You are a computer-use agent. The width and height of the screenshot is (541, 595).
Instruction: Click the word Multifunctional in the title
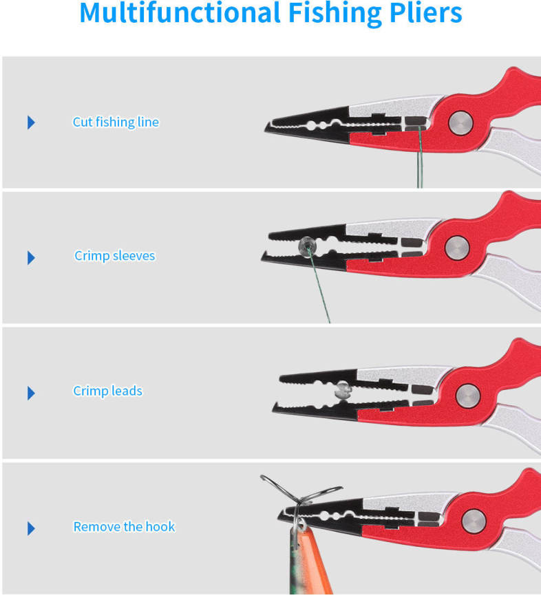pyautogui.click(x=180, y=12)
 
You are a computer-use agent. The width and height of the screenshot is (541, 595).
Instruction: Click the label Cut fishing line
pyautogui.click(x=116, y=122)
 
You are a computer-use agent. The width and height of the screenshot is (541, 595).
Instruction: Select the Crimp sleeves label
pyautogui.click(x=115, y=256)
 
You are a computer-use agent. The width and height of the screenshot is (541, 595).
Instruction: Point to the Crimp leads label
pyautogui.click(x=108, y=391)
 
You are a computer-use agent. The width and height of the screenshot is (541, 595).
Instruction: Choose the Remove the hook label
pyautogui.click(x=124, y=527)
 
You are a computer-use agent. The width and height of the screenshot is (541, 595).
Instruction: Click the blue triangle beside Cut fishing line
pyautogui.click(x=31, y=122)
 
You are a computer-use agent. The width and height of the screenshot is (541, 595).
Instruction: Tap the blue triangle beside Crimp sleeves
pyautogui.click(x=31, y=258)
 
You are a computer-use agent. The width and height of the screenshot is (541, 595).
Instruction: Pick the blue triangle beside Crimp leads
pyautogui.click(x=31, y=393)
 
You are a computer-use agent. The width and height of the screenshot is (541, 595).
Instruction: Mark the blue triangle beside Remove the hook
pyautogui.click(x=31, y=528)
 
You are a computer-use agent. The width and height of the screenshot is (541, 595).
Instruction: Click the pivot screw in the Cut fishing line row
pyautogui.click(x=460, y=123)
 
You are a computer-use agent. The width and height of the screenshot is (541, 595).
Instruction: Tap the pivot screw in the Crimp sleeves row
pyautogui.click(x=458, y=248)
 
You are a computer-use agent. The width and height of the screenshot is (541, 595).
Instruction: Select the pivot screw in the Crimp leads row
pyautogui.click(x=468, y=396)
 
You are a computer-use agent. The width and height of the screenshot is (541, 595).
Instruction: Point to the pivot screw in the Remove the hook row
pyautogui.click(x=474, y=521)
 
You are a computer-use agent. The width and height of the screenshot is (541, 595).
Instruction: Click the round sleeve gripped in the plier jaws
pyautogui.click(x=307, y=247)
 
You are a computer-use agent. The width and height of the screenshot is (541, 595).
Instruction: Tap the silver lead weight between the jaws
pyautogui.click(x=343, y=391)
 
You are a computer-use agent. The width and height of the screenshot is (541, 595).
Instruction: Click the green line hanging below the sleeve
pyautogui.click(x=319, y=289)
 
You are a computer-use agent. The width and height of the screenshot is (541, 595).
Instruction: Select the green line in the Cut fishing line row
pyautogui.click(x=419, y=158)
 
